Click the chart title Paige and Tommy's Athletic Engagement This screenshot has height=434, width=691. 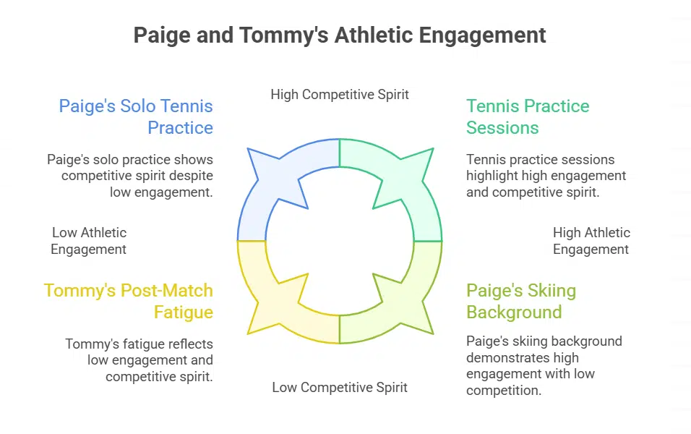[340, 35]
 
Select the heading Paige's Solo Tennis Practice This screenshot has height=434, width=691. [136, 117]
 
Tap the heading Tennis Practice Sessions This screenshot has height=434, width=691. [528, 117]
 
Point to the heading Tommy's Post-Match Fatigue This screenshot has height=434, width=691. [129, 302]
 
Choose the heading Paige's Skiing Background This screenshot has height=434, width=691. [520, 302]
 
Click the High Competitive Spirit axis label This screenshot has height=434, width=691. [340, 94]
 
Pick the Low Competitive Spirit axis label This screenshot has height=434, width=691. [340, 388]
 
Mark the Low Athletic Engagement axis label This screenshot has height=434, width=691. [89, 241]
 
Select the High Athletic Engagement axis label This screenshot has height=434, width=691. [591, 241]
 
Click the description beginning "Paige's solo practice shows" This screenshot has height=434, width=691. [130, 175]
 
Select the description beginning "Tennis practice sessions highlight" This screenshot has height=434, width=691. [546, 175]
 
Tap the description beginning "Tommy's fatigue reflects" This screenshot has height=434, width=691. [139, 360]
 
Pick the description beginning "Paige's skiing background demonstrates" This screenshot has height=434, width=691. [544, 366]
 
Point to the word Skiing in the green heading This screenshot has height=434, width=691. [545, 291]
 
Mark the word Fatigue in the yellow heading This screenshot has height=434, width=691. [184, 312]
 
